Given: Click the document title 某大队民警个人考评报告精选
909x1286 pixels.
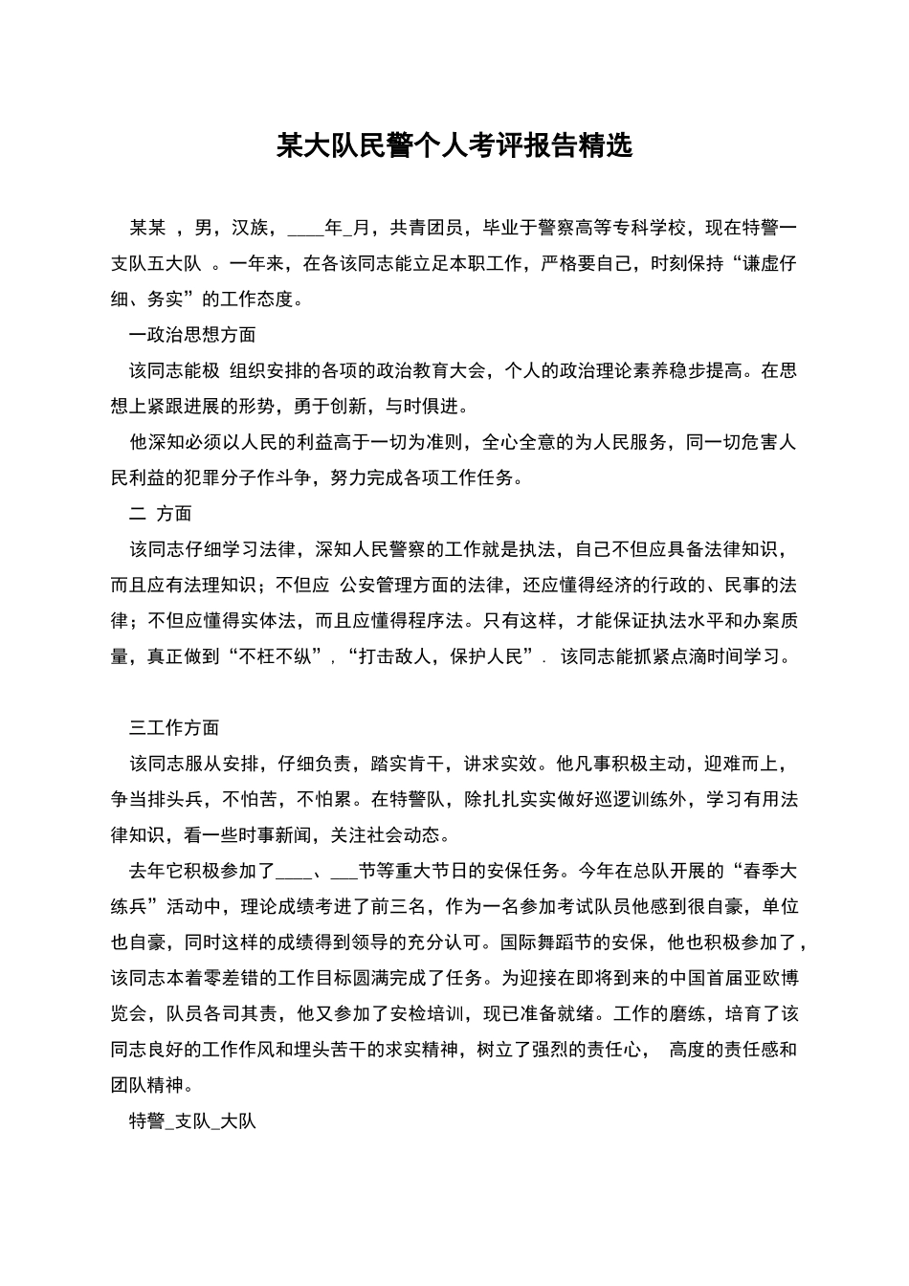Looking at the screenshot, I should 454,145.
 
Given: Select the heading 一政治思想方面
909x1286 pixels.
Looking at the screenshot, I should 192,335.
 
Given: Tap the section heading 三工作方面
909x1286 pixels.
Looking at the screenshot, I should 174,728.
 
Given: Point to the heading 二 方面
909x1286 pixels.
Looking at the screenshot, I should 160,514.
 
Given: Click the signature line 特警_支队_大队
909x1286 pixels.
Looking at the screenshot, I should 192,1121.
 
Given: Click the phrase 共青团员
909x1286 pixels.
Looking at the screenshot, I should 426,228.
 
